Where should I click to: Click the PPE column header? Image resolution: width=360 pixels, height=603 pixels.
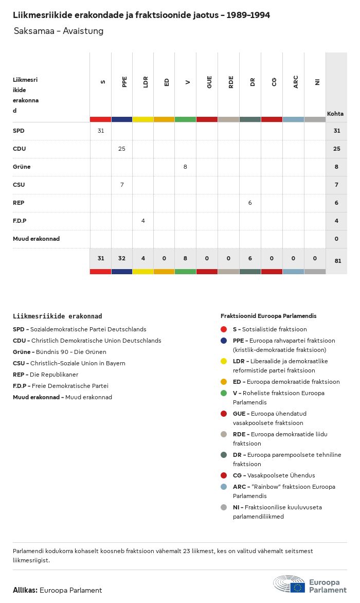pyautogui.click(x=124, y=82)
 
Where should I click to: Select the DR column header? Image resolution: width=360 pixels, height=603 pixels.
pyautogui.click(x=253, y=82)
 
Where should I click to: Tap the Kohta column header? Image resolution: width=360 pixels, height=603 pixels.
pyautogui.click(x=335, y=114)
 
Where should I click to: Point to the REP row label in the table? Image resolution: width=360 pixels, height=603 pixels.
pyautogui.click(x=19, y=203)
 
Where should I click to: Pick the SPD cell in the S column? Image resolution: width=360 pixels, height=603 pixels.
pyautogui.click(x=101, y=131)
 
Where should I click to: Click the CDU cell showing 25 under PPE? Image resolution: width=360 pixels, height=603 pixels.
pyautogui.click(x=122, y=149)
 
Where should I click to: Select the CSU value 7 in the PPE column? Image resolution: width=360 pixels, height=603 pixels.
pyautogui.click(x=122, y=185)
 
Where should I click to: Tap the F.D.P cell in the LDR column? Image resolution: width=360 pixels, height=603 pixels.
pyautogui.click(x=143, y=221)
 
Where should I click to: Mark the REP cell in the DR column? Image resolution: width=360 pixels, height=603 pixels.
pyautogui.click(x=250, y=203)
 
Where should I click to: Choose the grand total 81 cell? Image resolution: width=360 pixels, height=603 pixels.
pyautogui.click(x=337, y=261)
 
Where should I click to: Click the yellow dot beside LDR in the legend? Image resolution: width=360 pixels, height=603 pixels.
pyautogui.click(x=224, y=361)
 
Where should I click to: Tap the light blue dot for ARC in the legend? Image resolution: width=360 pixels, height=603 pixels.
pyautogui.click(x=224, y=487)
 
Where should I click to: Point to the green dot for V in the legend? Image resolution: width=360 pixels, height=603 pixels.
pyautogui.click(x=224, y=393)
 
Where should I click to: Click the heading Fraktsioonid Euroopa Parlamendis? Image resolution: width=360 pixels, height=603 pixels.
pyautogui.click(x=268, y=316)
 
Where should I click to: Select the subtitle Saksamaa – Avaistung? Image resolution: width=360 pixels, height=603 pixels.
pyautogui.click(x=59, y=31)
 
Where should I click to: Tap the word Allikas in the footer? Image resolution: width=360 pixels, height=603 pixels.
pyautogui.click(x=25, y=590)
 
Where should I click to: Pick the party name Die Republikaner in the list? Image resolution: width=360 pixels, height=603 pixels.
pyautogui.click(x=54, y=375)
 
